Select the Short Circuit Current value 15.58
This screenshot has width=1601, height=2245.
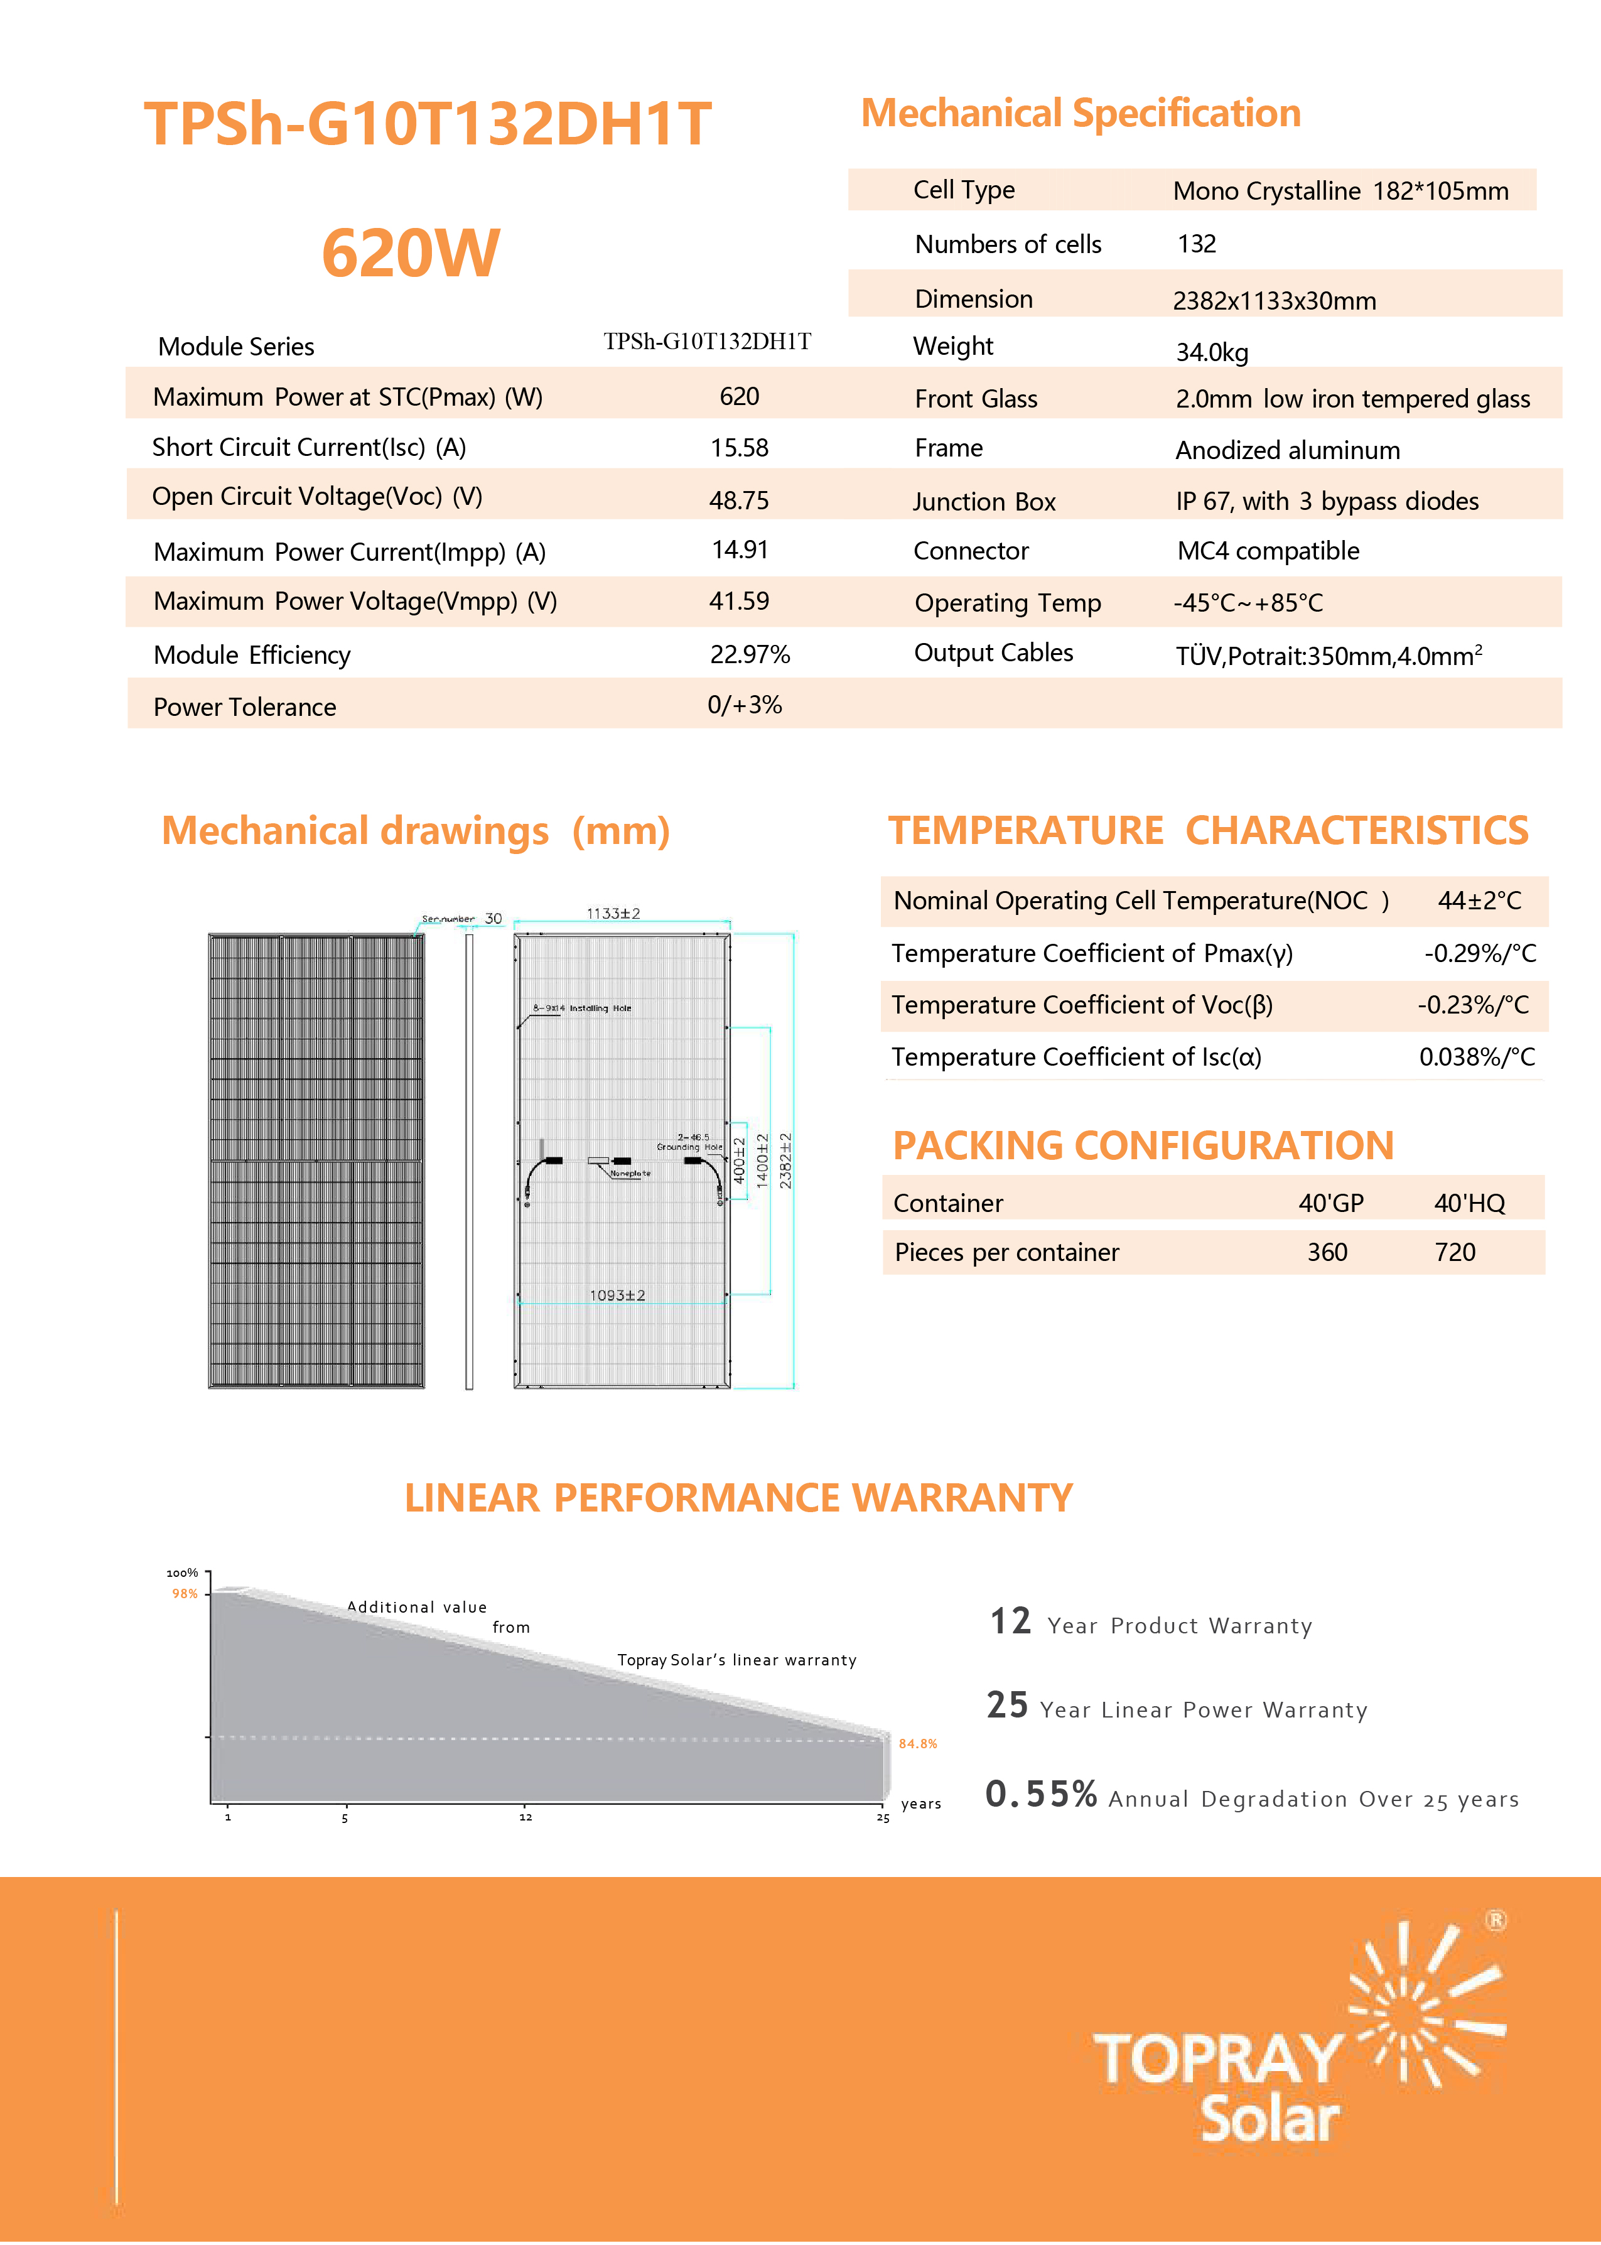740,448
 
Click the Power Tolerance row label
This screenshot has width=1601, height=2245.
244,707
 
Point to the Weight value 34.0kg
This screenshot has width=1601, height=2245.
1212,352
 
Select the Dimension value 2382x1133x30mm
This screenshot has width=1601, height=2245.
1274,301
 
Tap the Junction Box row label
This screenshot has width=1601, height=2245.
984,502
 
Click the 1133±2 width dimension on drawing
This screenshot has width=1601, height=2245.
613,914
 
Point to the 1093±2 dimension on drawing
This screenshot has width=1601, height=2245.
617,1294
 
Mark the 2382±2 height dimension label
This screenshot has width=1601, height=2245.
785,1160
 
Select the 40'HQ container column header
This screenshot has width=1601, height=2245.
1469,1203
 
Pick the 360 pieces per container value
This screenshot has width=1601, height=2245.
1327,1252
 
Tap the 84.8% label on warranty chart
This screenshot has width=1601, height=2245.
918,1743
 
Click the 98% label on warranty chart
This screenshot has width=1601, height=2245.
185,1593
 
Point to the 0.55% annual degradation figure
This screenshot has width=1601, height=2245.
1041,1794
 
